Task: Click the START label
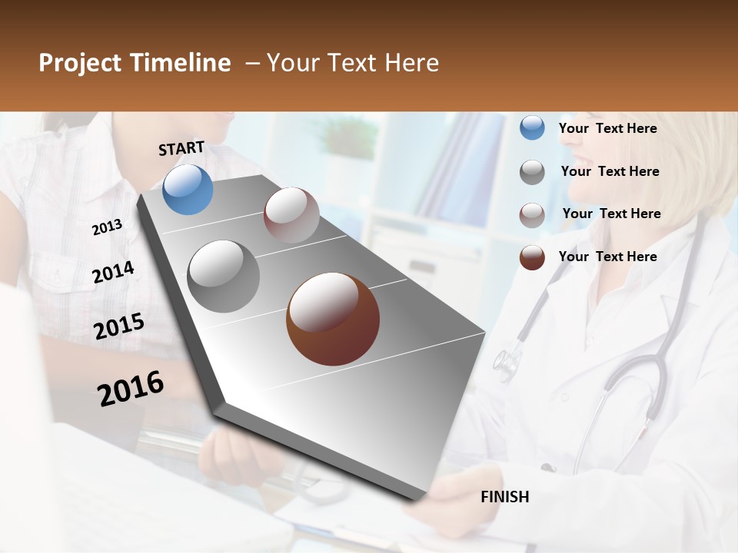coord(181,148)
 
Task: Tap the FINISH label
coord(505,497)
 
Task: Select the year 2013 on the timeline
coord(107,227)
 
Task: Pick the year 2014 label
coord(113,272)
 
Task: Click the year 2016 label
coord(131,389)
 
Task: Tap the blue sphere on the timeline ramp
coord(188,190)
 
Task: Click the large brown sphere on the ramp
coord(333,319)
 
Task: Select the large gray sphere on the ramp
coord(224,276)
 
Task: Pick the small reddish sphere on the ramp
coord(291,215)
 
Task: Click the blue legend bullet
coord(532,128)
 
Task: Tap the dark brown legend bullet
coord(532,257)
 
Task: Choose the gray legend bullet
coord(532,172)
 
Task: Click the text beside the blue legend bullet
coord(607,128)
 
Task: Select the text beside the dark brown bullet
coord(607,257)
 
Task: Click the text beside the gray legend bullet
coord(610,171)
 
